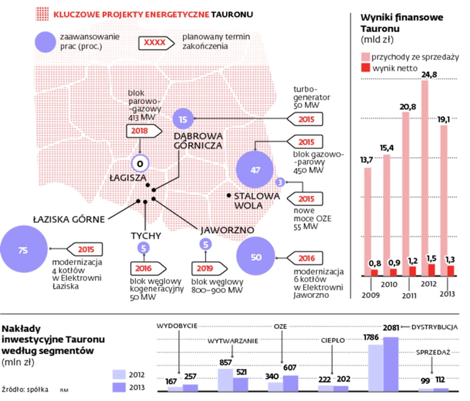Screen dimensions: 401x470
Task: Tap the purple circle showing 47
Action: [x=255, y=170]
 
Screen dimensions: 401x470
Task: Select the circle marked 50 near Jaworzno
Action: [x=256, y=257]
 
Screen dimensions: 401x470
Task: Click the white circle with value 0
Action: [x=140, y=164]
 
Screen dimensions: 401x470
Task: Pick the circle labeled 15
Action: [x=183, y=119]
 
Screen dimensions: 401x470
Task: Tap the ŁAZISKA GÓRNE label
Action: [x=69, y=219]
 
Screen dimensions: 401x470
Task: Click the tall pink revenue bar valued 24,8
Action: [x=424, y=175]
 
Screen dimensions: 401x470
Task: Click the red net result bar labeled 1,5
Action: [x=431, y=270]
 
